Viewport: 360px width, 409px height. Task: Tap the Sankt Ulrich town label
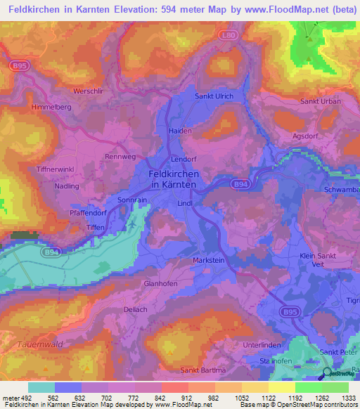pyautogui.click(x=214, y=96)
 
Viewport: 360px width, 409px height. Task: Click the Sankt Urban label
pyautogui.click(x=321, y=101)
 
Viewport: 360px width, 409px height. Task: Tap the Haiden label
pyautogui.click(x=181, y=131)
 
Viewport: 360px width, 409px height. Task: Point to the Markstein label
pyautogui.click(x=207, y=260)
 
